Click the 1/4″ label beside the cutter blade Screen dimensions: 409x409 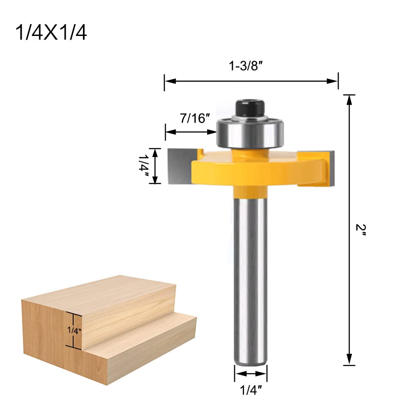click(x=144, y=166)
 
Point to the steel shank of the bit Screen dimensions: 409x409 click(x=251, y=278)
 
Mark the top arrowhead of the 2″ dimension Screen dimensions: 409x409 click(x=349, y=98)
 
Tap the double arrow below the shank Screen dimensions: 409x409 click(x=251, y=373)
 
